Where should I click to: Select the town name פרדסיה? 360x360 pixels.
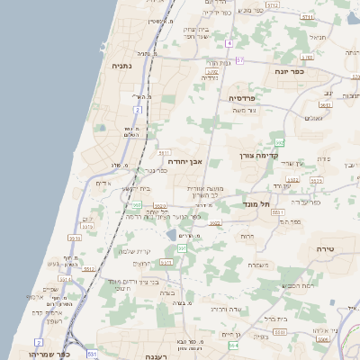tap(243, 97)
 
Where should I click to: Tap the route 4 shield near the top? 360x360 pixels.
tap(229, 42)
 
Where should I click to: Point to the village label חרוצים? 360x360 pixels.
tap(142, 265)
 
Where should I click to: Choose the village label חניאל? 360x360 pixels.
tap(318, 38)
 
